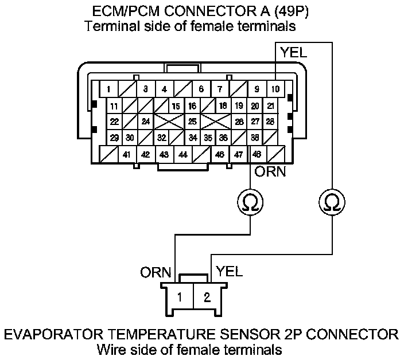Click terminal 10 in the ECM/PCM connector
(x=275, y=89)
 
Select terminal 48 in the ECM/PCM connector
(x=257, y=154)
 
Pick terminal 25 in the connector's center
(x=192, y=122)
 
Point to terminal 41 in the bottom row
(x=126, y=154)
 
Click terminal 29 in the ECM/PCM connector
(x=114, y=138)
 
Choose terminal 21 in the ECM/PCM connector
(x=270, y=106)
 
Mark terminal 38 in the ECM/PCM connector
(x=255, y=138)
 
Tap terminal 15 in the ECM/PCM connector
(x=176, y=106)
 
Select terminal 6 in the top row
(x=201, y=89)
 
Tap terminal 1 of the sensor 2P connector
(x=180, y=297)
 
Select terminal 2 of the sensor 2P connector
(x=207, y=297)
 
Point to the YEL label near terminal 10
(x=293, y=52)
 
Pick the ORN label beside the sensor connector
(x=156, y=272)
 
